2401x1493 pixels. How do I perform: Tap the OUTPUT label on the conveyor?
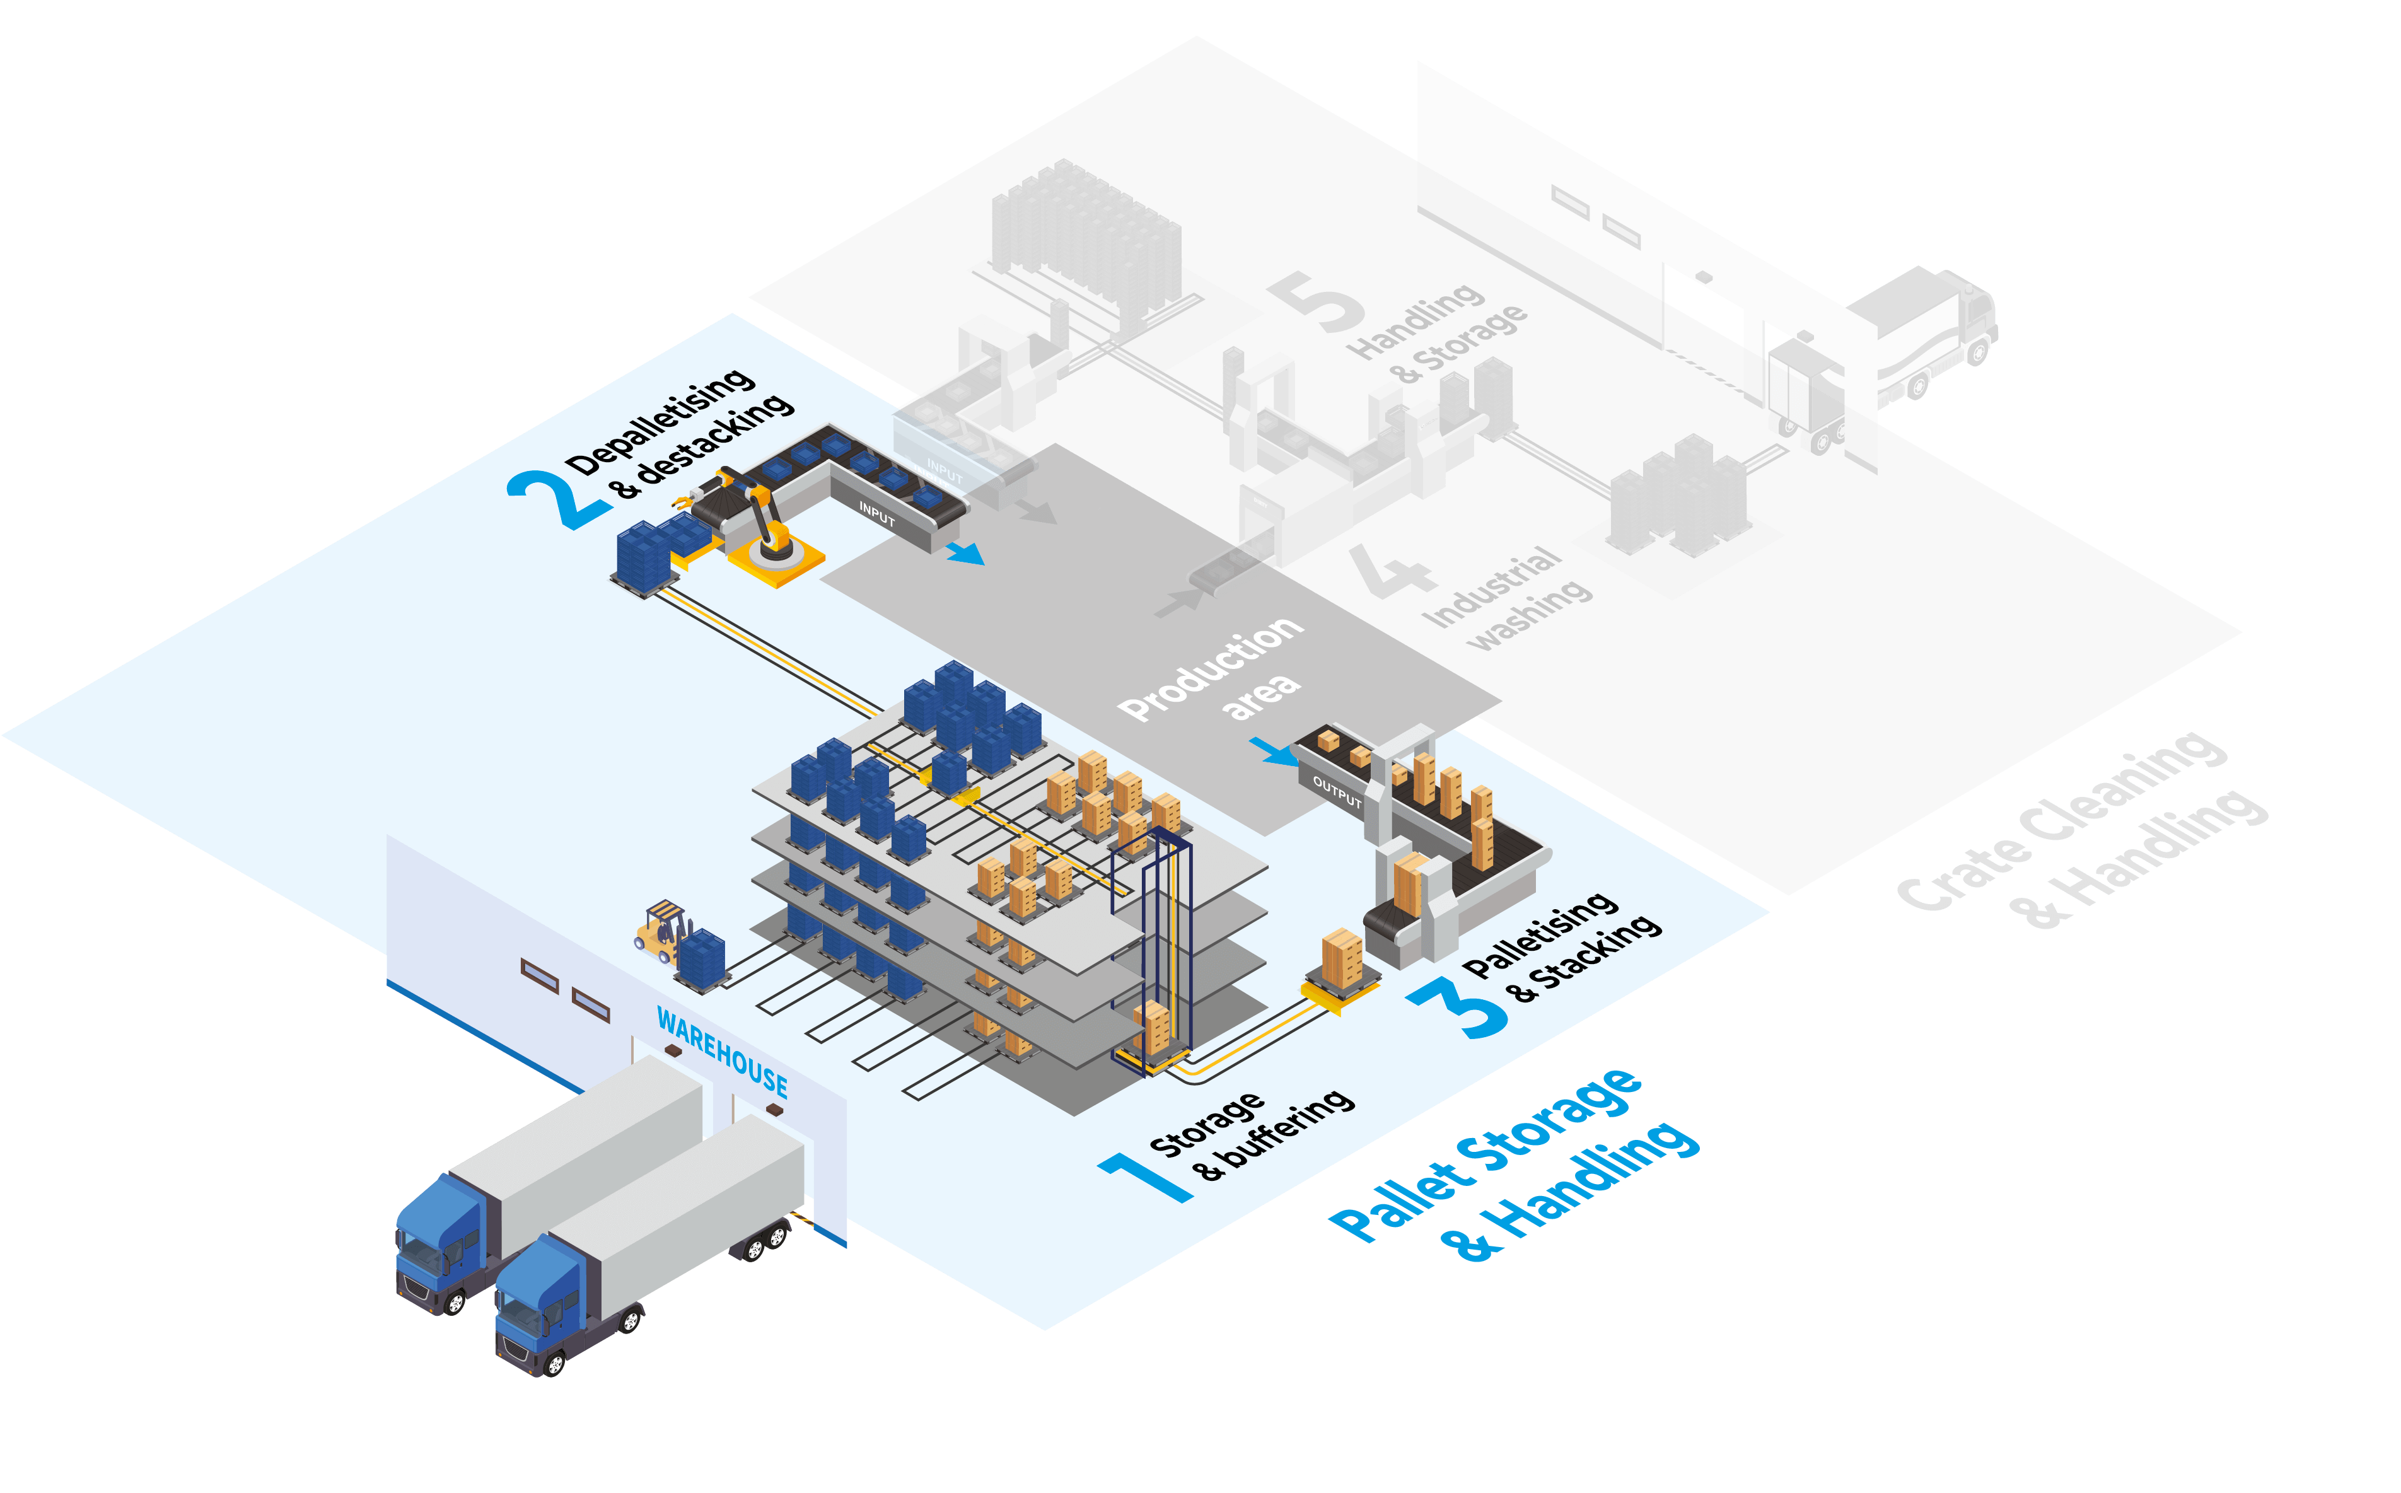[x=1337, y=792]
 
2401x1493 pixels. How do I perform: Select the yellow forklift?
[x=661, y=929]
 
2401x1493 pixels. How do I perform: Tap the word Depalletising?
[x=660, y=422]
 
